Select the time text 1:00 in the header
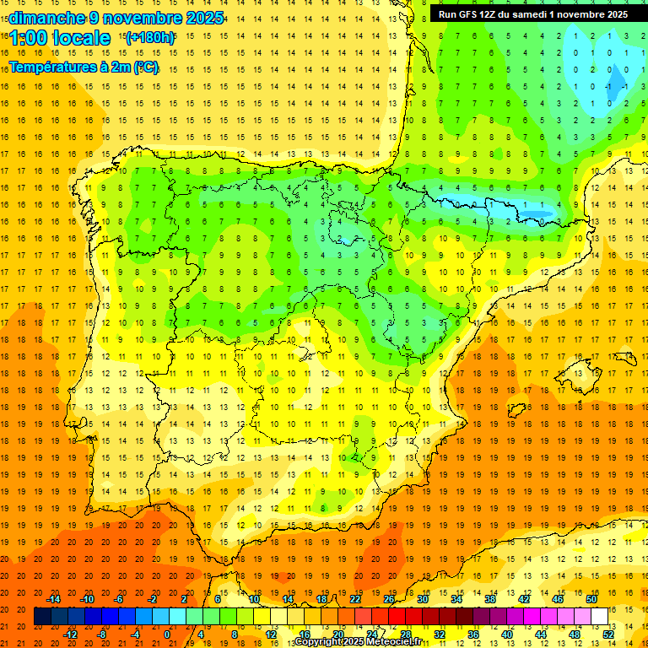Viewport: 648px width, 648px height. tap(28, 38)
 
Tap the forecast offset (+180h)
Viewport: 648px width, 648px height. tap(150, 37)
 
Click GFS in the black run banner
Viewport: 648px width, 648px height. tap(470, 14)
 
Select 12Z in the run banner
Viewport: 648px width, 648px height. tap(493, 14)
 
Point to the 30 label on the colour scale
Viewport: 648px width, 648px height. tap(423, 599)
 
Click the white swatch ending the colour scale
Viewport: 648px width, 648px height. tap(599, 617)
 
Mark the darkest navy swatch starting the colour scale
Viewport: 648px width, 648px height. tap(42, 617)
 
